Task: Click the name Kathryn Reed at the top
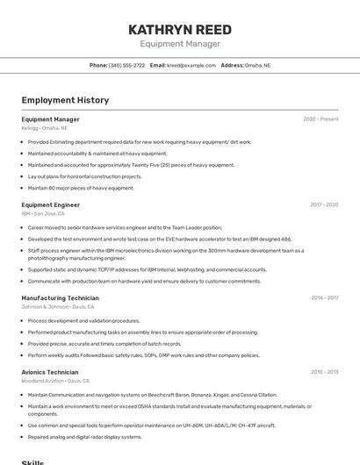[180, 29]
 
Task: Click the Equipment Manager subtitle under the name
[180, 44]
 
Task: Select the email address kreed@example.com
[191, 65]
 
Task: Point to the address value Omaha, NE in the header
[257, 65]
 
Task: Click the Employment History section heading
[65, 100]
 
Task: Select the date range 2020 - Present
[320, 119]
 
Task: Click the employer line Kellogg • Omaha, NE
[44, 128]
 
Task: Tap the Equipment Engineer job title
[51, 204]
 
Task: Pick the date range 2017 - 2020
[323, 204]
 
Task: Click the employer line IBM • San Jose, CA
[43, 213]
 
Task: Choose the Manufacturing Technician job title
[60, 297]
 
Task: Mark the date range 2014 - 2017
[324, 297]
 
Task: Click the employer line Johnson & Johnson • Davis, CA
[57, 307]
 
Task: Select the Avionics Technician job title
[50, 372]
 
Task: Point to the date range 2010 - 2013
[324, 372]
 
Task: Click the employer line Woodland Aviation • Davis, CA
[55, 381]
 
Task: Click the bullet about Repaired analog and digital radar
[84, 437]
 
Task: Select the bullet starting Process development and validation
[83, 321]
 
